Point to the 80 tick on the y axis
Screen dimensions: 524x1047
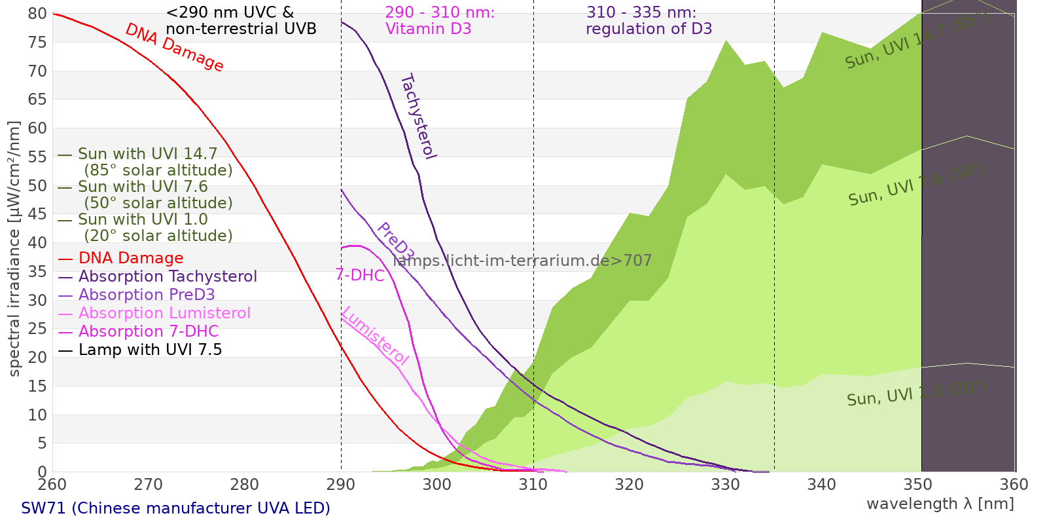click(38, 14)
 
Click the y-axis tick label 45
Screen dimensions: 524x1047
click(38, 214)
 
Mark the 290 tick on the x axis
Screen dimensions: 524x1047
click(341, 485)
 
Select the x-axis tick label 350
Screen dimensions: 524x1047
click(918, 485)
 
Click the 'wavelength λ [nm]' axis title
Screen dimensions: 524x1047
click(940, 504)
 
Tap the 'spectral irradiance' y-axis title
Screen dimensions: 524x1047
click(14, 249)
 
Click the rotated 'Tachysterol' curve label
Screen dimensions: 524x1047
click(417, 117)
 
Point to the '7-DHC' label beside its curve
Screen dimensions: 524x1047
click(360, 275)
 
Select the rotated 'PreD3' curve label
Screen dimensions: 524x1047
click(395, 241)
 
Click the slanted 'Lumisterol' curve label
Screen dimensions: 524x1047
click(375, 335)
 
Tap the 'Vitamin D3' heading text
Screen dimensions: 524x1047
click(428, 29)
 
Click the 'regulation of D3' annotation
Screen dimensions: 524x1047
click(648, 29)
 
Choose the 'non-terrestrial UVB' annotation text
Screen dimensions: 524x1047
click(241, 29)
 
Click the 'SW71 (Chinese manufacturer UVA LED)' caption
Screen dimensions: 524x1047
click(175, 508)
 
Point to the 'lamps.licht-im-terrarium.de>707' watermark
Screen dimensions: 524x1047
click(522, 261)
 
